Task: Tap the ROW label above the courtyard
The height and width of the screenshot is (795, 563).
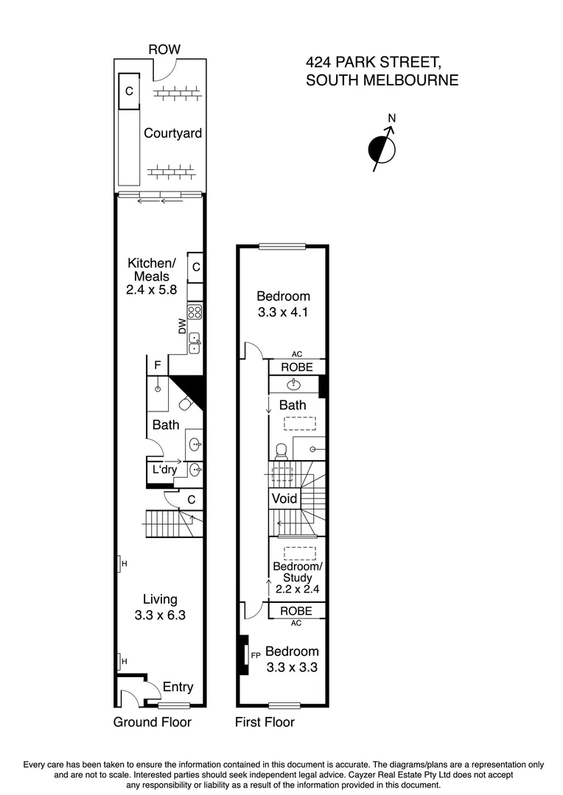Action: (x=164, y=49)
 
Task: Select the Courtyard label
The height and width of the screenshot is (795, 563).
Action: (x=172, y=133)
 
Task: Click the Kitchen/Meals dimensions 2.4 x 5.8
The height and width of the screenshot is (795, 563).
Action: (x=152, y=290)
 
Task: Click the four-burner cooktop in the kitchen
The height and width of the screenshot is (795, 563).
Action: (x=195, y=311)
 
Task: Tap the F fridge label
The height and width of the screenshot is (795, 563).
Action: (x=157, y=364)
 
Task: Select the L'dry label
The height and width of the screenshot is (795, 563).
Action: (x=164, y=470)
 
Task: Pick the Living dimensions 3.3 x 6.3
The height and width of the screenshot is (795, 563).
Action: (x=160, y=615)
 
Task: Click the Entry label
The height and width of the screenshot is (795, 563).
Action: (x=178, y=687)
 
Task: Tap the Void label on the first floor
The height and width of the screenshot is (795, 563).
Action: (x=284, y=498)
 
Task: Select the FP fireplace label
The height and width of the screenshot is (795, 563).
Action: (x=256, y=654)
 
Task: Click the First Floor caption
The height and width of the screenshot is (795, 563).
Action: (x=265, y=722)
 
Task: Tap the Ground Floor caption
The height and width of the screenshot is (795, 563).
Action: (x=152, y=722)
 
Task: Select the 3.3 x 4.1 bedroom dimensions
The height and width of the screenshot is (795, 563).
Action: (x=283, y=311)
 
